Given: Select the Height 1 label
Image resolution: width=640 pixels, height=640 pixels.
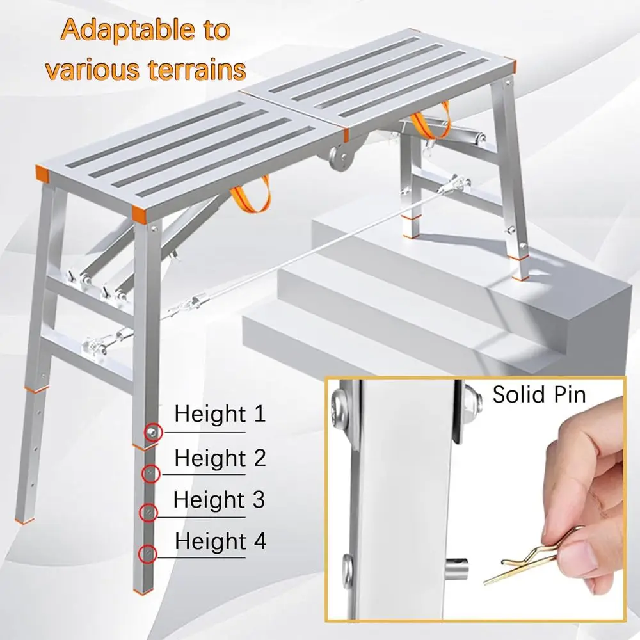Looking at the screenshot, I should (x=220, y=414).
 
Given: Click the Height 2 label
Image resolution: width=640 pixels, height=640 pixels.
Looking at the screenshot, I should (x=220, y=458).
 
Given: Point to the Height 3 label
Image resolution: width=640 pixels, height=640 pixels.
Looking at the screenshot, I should (x=219, y=499).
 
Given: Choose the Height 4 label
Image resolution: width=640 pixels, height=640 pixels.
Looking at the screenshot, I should (x=220, y=541).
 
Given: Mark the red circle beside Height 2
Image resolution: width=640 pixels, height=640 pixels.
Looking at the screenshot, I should (x=150, y=474).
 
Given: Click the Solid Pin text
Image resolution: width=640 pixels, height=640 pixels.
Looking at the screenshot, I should (x=539, y=394).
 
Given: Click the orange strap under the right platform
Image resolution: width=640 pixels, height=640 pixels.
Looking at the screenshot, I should (x=425, y=125).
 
